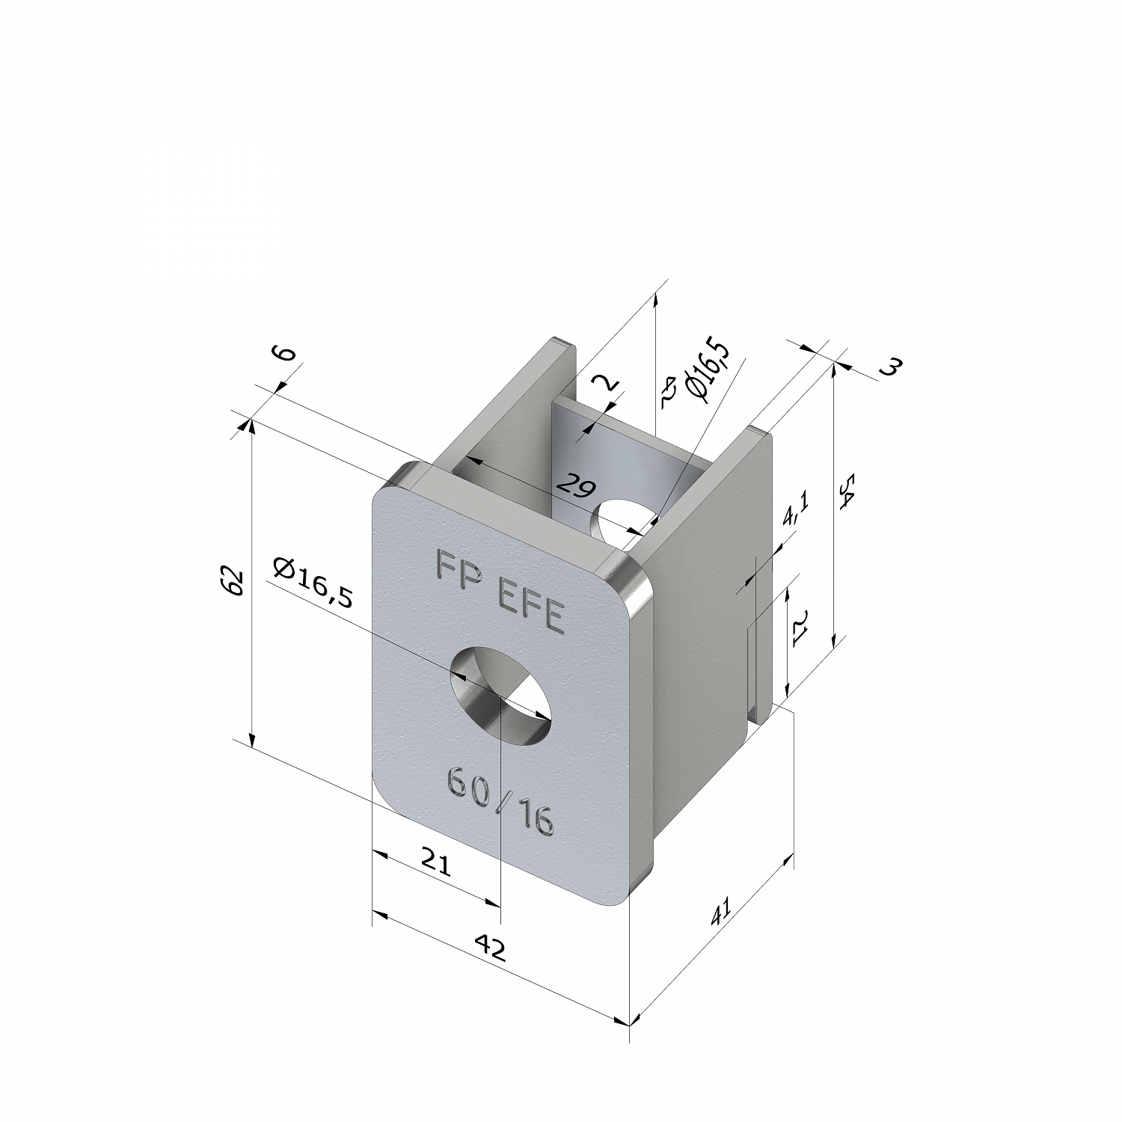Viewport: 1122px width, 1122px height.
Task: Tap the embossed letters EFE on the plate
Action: pos(530,607)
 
